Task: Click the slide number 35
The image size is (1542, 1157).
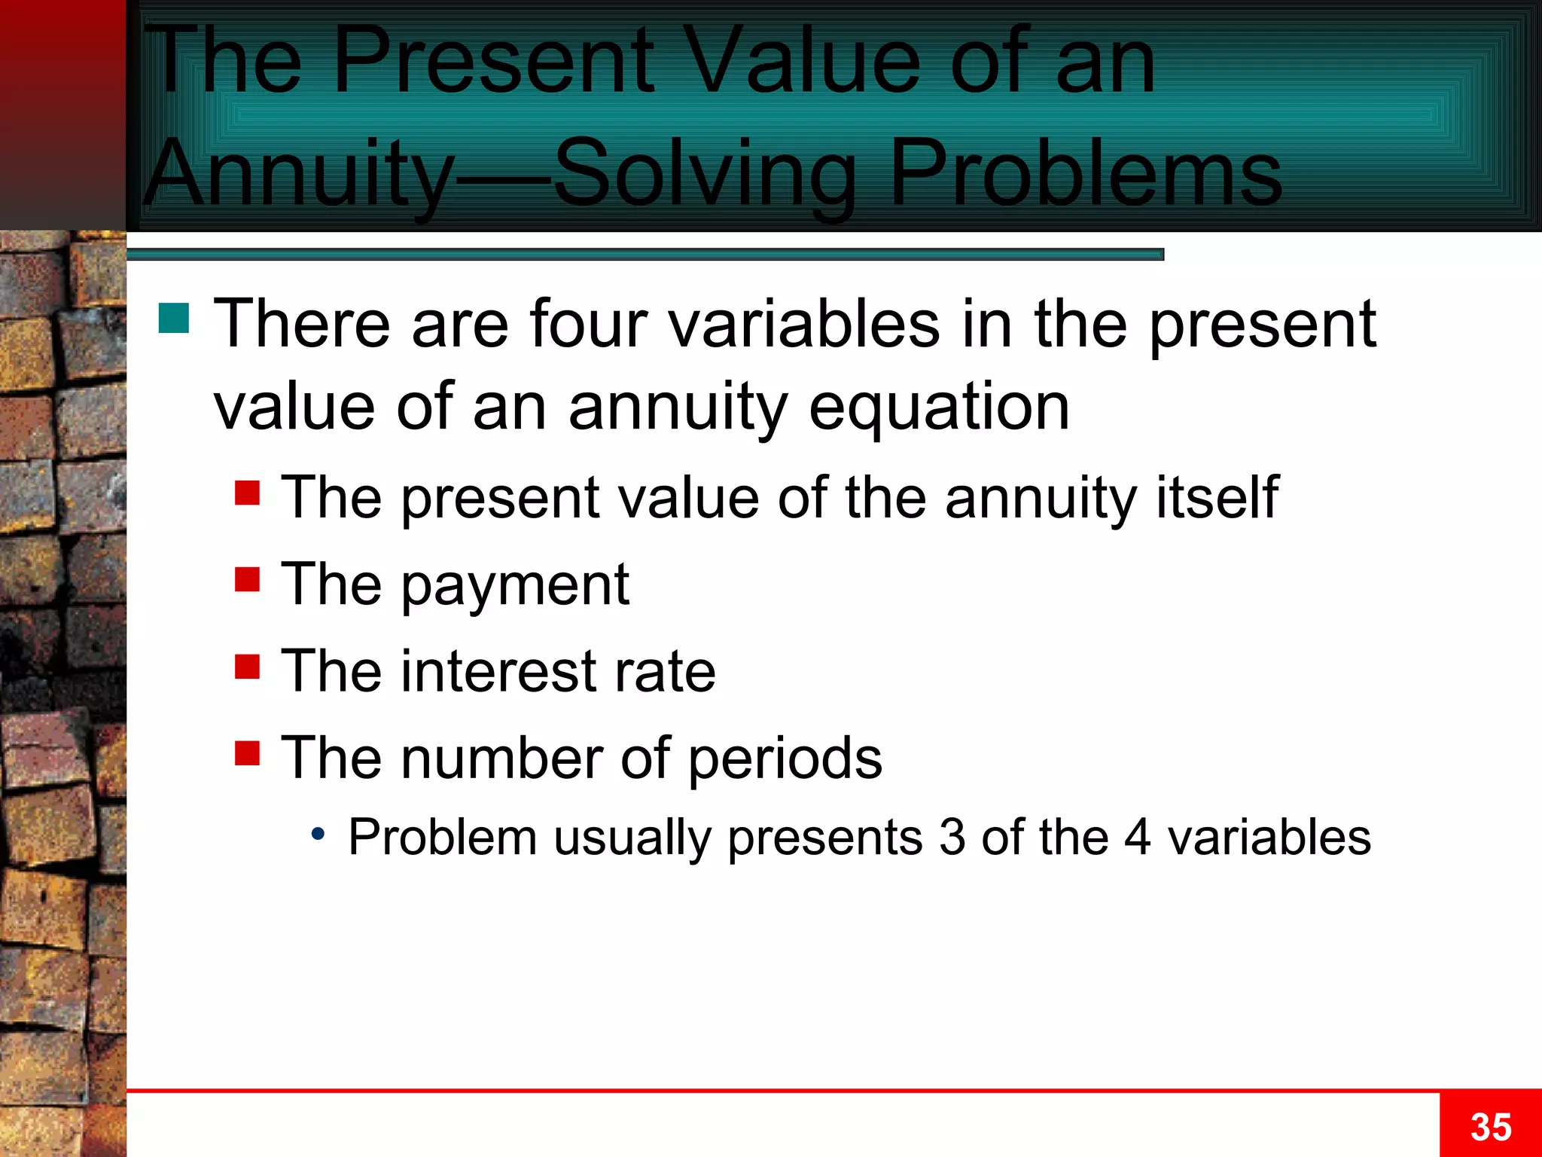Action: pyautogui.click(x=1490, y=1128)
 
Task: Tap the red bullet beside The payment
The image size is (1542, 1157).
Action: pyautogui.click(x=247, y=580)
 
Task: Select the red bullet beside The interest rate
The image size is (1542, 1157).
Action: pyautogui.click(x=247, y=667)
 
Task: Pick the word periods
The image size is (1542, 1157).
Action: pyautogui.click(x=785, y=759)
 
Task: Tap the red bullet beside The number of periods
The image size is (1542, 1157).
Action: pyautogui.click(x=247, y=753)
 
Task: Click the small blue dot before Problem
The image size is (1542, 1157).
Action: pyautogui.click(x=318, y=834)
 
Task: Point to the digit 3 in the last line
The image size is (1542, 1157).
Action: pyautogui.click(x=952, y=837)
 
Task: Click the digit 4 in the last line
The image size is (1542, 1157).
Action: pyautogui.click(x=1137, y=837)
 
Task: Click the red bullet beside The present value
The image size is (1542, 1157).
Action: pyautogui.click(x=247, y=493)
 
